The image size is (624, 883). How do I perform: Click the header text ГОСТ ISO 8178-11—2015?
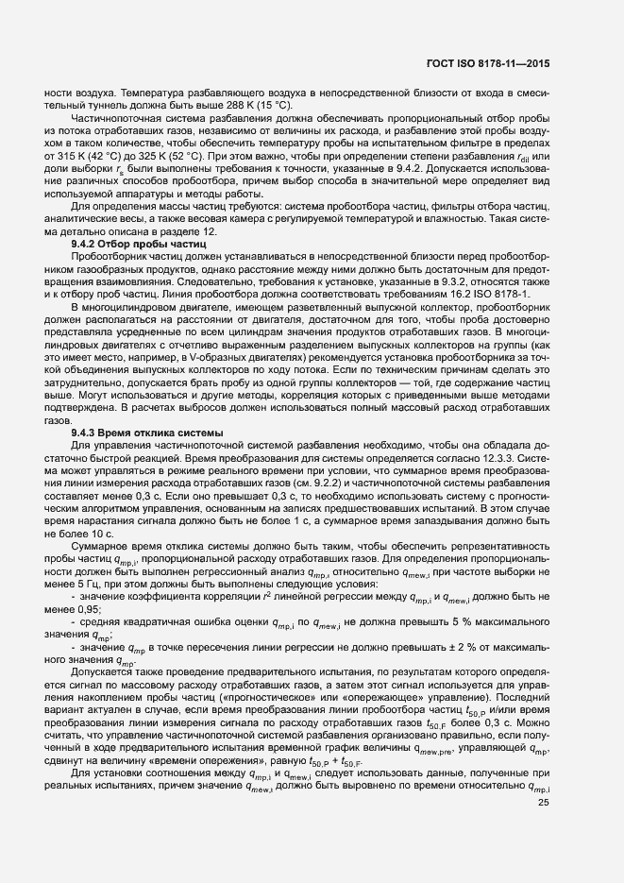489,63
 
